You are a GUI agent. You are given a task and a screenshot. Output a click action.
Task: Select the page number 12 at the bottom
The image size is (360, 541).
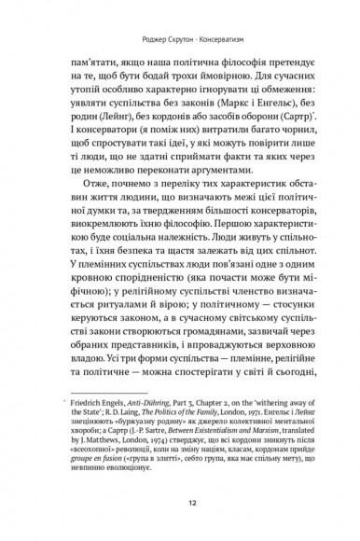(180, 501)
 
